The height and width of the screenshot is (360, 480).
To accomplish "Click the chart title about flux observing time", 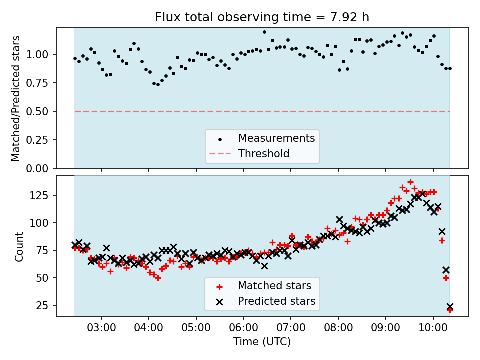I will click(x=262, y=17).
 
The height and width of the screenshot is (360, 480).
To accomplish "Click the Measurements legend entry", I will click(x=276, y=138).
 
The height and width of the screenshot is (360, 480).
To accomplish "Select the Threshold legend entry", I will click(x=264, y=154).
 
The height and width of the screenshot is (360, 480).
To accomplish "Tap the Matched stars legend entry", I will click(x=274, y=286).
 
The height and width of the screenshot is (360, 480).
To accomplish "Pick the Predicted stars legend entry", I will click(x=276, y=301).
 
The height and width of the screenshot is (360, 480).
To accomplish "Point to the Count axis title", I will click(x=19, y=246).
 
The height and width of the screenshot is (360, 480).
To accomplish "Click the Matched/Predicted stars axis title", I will click(x=16, y=98).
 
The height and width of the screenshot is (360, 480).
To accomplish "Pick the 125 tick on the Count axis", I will click(x=43, y=195).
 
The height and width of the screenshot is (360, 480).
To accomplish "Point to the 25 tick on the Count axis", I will click(x=46, y=306).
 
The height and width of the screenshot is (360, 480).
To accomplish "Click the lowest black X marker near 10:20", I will click(x=450, y=307).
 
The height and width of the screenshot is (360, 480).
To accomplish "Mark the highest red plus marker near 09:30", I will click(x=410, y=182).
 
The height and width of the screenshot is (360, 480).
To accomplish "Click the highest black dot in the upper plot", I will click(x=264, y=32).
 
